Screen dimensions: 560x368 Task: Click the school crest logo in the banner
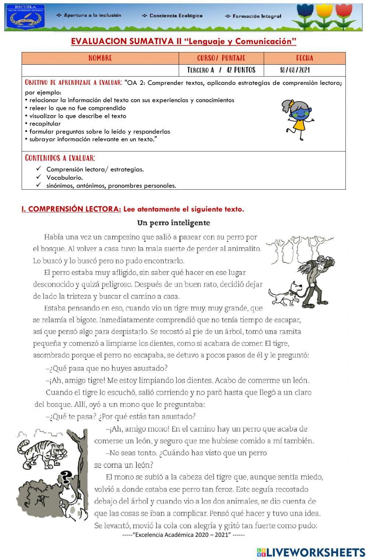[25, 17]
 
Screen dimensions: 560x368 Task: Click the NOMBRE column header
[100, 58]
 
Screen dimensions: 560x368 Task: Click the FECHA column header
[304, 58]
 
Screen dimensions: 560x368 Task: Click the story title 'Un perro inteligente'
[173, 223]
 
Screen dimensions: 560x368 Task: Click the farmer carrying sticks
[315, 276]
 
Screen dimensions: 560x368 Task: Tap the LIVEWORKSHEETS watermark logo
[311, 552]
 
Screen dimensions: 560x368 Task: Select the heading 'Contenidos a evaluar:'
[60, 158]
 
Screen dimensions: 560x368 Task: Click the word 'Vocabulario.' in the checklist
[64, 177]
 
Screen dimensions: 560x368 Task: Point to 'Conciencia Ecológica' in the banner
[171, 16]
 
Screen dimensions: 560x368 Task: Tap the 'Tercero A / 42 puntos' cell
[221, 70]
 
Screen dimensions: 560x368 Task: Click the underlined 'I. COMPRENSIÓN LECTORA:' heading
[71, 209]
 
